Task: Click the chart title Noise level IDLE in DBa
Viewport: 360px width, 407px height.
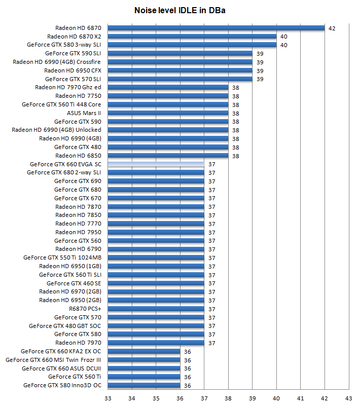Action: [x=180, y=10]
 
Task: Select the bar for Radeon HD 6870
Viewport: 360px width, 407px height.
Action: [x=216, y=28]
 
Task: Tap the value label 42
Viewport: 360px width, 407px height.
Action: [x=332, y=28]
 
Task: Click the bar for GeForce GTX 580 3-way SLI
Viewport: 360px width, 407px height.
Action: [x=192, y=45]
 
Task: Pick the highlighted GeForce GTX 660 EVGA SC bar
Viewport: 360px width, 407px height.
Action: [x=156, y=164]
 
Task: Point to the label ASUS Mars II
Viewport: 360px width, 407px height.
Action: [x=84, y=113]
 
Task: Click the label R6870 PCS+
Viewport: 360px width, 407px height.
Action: [x=85, y=309]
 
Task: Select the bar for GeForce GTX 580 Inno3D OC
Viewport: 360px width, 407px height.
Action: [x=144, y=385]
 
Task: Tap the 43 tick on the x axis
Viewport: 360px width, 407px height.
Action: [x=348, y=398]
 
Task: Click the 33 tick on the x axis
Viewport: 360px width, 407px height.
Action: [x=107, y=398]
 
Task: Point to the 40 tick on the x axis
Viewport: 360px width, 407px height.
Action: [x=276, y=398]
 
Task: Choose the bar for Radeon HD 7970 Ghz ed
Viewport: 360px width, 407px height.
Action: [x=168, y=87]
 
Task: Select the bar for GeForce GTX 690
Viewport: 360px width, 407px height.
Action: [x=156, y=181]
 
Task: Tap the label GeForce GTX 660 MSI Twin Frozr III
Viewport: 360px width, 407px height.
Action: [x=53, y=360]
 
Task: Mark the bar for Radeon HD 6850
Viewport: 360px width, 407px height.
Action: [x=168, y=156]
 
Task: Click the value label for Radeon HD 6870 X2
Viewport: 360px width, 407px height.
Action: [x=284, y=36]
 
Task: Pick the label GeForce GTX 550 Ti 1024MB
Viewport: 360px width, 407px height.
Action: [x=62, y=257]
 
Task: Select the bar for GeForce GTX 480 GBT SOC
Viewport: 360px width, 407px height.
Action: [x=156, y=326]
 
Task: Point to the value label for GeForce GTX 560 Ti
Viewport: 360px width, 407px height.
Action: [x=187, y=377]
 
